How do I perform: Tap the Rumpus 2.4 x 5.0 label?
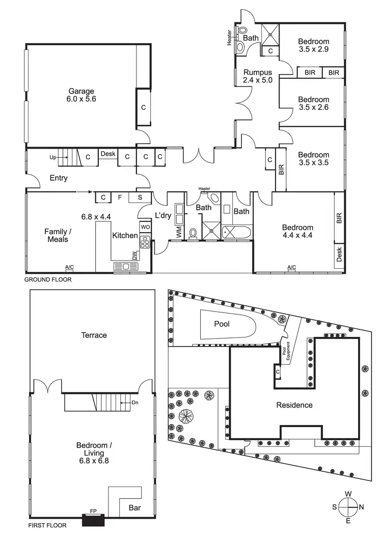coord(257,76)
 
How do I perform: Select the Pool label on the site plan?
coord(223,324)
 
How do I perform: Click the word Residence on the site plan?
coord(294,405)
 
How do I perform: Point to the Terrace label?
coord(94,335)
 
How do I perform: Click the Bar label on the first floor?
coord(134,507)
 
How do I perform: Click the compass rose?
coord(349,507)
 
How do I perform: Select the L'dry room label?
coord(163,215)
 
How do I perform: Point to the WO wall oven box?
coord(145,226)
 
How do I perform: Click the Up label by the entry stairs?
coord(52,157)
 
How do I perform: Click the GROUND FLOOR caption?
coord(48,279)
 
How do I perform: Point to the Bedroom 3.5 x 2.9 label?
coord(314,45)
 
